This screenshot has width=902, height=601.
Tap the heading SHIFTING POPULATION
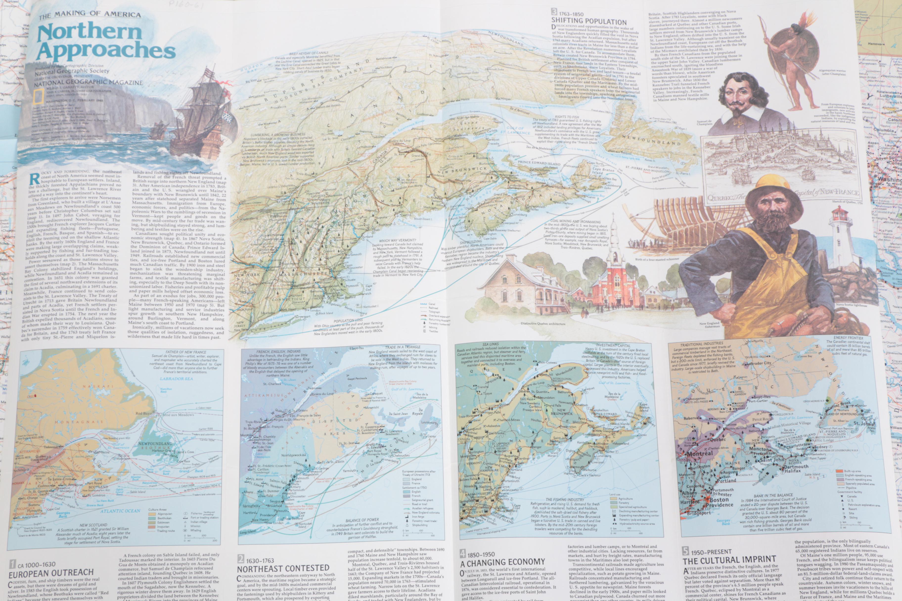(x=589, y=21)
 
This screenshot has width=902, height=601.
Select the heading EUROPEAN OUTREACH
(x=51, y=573)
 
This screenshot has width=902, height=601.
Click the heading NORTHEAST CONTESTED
(x=283, y=568)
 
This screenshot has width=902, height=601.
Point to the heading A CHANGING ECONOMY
(x=502, y=562)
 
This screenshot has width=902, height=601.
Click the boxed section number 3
(x=554, y=12)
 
